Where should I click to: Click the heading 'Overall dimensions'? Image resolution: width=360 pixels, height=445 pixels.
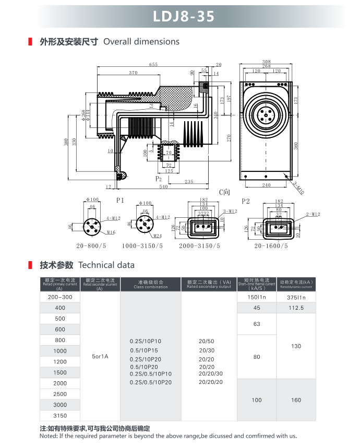141,42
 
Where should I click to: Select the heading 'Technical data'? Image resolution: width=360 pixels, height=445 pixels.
106,265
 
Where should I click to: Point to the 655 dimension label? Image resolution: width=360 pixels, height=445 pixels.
153,65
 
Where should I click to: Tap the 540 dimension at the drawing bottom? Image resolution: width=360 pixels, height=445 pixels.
163,186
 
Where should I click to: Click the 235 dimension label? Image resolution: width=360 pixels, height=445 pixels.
189,182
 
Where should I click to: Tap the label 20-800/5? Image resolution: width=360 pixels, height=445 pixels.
91,245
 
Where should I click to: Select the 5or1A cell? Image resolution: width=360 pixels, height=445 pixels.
100,356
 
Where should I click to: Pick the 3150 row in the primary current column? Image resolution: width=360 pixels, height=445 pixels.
60,416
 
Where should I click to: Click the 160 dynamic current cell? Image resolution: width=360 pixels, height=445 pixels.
296,400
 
